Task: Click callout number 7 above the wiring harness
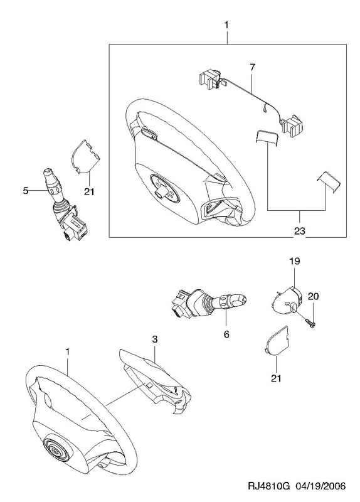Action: tap(253, 68)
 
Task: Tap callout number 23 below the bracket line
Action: tap(300, 230)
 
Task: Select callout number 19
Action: tap(295, 261)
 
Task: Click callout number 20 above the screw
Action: tap(313, 296)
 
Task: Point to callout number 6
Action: tap(226, 334)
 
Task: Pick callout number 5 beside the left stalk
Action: tap(26, 191)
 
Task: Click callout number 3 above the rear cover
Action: tap(155, 339)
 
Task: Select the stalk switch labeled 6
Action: tap(209, 303)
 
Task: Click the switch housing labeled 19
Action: tap(287, 301)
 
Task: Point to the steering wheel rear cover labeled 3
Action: tap(154, 381)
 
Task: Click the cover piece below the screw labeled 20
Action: tap(276, 341)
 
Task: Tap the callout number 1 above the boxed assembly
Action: tap(226, 25)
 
